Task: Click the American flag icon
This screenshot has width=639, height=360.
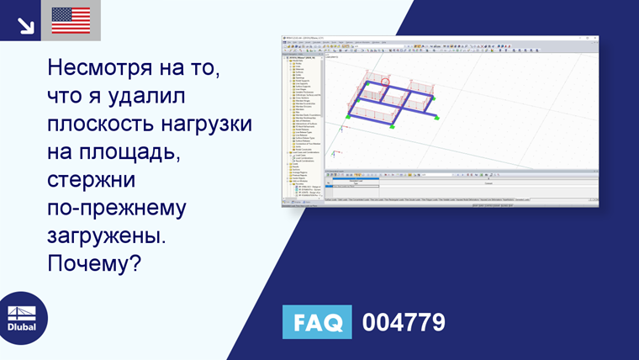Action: click(x=71, y=20)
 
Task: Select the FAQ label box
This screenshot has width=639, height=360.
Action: click(x=316, y=322)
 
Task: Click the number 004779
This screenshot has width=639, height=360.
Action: click(x=404, y=322)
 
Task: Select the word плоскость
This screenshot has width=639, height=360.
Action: click(x=102, y=124)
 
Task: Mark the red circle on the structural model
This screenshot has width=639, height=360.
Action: click(x=386, y=82)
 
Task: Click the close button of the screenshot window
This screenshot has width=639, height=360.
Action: click(x=595, y=37)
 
